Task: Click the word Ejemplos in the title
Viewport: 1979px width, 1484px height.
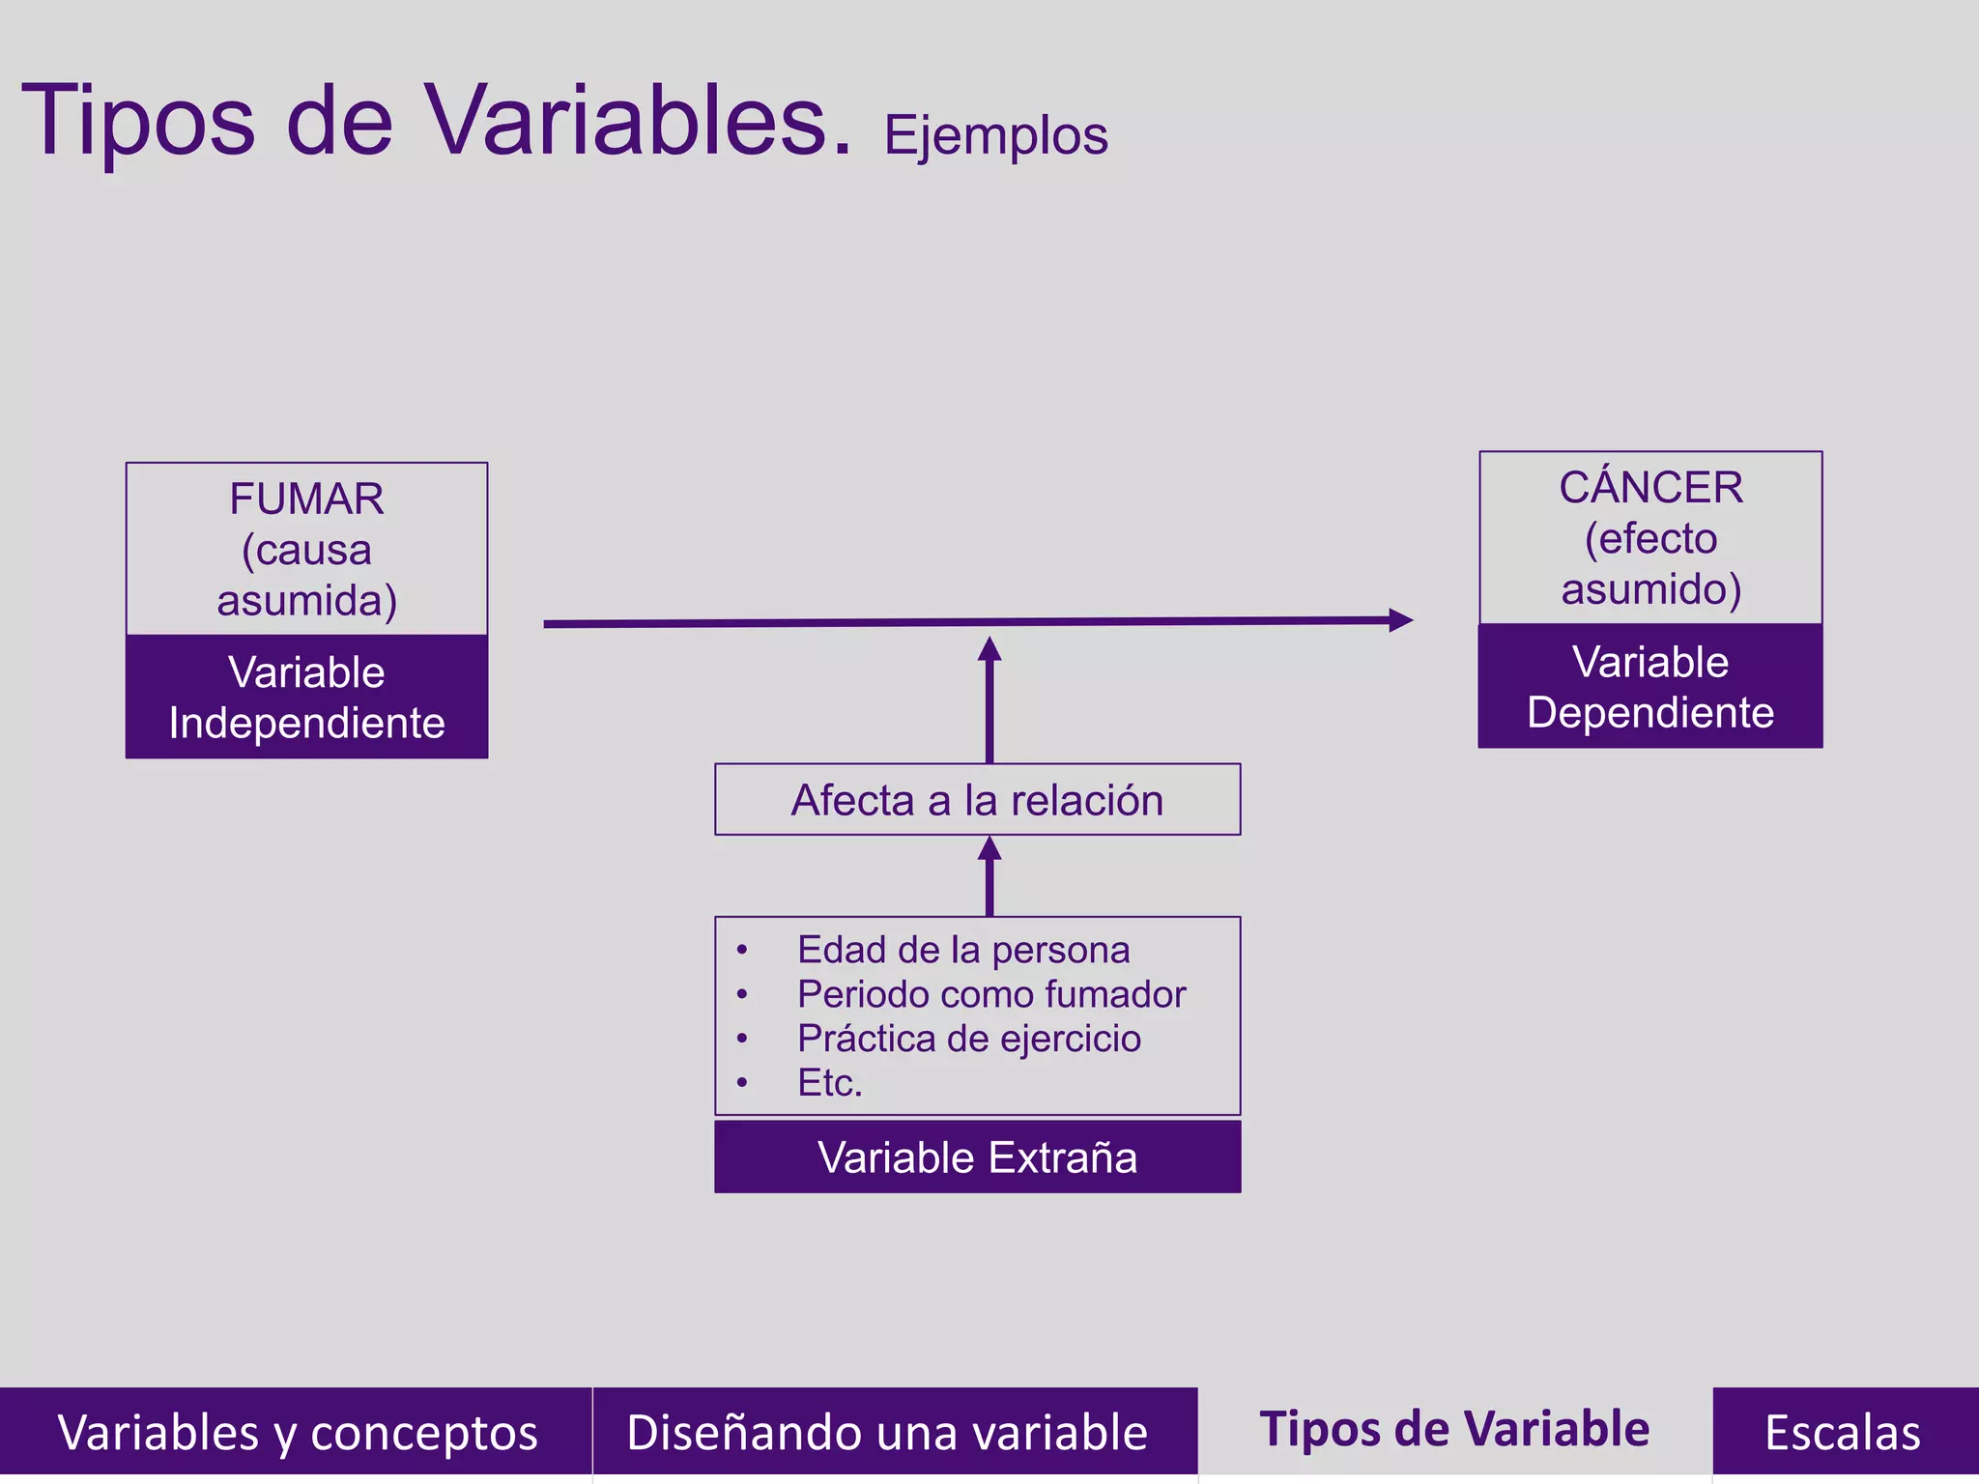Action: coord(995,136)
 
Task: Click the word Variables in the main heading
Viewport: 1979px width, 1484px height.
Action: coord(639,120)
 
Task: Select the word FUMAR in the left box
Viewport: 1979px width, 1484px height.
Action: coord(306,499)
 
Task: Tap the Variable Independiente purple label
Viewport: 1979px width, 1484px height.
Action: coord(306,697)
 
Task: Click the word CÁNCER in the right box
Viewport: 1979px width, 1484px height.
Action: coord(1650,488)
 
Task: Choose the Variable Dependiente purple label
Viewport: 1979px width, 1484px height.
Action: coord(1650,686)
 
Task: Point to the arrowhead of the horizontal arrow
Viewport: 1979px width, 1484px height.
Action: coord(1400,620)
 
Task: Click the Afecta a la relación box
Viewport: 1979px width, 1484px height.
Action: coord(977,800)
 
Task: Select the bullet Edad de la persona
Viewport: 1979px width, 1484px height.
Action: coord(962,950)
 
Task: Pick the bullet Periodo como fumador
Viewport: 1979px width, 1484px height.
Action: coord(990,994)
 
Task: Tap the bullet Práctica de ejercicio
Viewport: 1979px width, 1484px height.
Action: coord(968,1039)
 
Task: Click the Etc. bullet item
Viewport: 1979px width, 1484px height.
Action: coord(829,1083)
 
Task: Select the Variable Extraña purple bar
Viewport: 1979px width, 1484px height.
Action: coord(977,1156)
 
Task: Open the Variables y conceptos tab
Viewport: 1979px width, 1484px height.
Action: coord(296,1431)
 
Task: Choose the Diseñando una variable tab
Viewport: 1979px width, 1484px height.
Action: coord(887,1431)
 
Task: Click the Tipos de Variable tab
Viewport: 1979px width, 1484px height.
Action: coord(1454,1429)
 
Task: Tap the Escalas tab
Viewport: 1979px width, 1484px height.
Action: coord(1843,1431)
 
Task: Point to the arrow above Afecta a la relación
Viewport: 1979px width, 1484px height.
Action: coord(989,700)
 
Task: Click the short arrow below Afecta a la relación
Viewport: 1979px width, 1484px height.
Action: coord(989,876)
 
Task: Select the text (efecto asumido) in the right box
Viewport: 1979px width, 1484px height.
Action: coord(1650,563)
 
